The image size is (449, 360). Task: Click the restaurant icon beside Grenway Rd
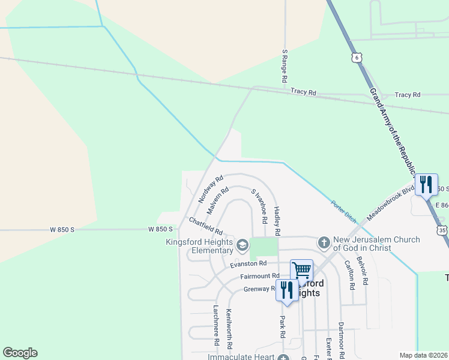click(287, 290)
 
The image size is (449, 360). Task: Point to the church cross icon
click(324, 242)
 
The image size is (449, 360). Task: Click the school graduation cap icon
click(242, 244)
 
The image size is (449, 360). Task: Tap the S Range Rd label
click(285, 66)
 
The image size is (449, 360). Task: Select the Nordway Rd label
click(211, 188)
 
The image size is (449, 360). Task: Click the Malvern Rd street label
click(217, 200)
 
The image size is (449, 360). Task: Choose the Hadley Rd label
click(277, 221)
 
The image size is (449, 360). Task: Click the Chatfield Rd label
click(206, 226)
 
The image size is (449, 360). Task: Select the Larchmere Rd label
click(216, 325)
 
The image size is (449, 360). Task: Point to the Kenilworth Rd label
click(229, 329)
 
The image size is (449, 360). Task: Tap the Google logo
click(20, 353)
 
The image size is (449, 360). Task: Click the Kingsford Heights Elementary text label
click(199, 246)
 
